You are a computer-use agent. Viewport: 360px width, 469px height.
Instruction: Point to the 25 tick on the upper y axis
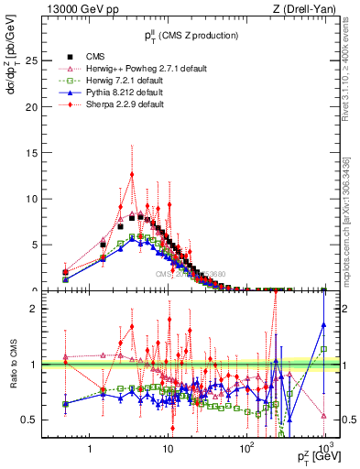(x=41, y=60)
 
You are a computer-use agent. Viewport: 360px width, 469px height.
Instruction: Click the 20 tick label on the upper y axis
(x=41, y=106)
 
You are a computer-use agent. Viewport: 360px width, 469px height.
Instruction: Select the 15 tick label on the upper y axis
(x=41, y=153)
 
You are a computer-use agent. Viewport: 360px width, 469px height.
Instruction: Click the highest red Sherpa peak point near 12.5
(x=132, y=173)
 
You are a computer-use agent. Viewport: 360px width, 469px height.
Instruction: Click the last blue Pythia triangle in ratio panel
(x=324, y=323)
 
